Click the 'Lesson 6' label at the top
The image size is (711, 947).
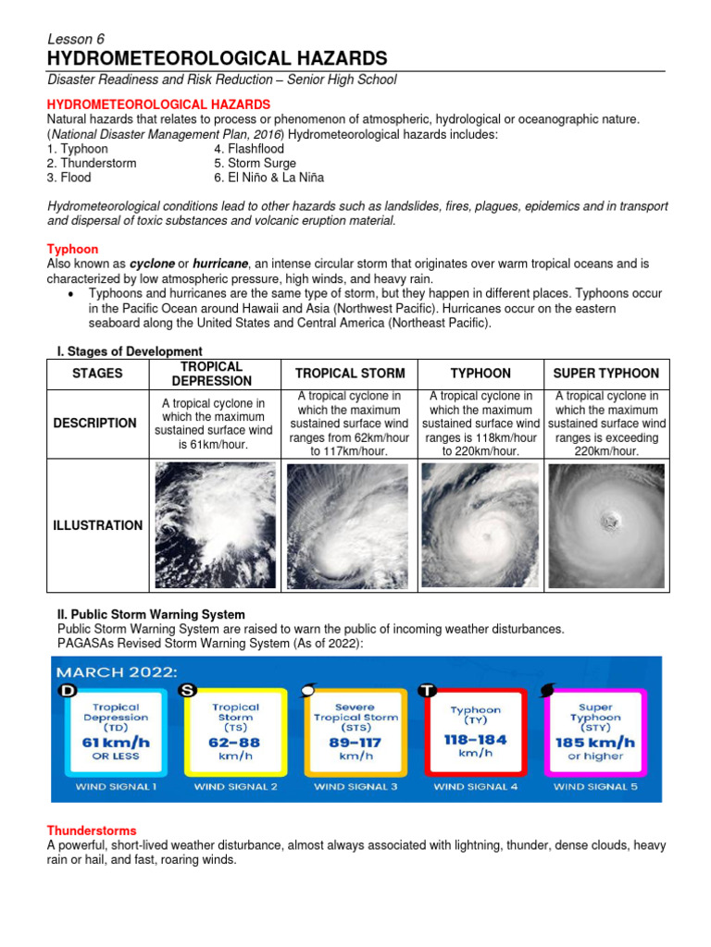pyautogui.click(x=76, y=39)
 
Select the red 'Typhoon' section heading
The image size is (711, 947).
pyautogui.click(x=72, y=250)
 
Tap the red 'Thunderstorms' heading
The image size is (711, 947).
pyautogui.click(x=92, y=830)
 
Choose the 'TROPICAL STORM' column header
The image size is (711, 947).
pyautogui.click(x=350, y=374)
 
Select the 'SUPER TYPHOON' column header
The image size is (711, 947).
pyautogui.click(x=605, y=374)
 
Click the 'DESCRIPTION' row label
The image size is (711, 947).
pyautogui.click(x=95, y=423)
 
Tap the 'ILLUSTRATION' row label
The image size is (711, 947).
pyautogui.click(x=97, y=525)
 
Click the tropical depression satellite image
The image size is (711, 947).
pyautogui.click(x=215, y=525)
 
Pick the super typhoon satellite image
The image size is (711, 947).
pyautogui.click(x=606, y=525)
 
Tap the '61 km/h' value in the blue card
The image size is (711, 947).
pyautogui.click(x=116, y=742)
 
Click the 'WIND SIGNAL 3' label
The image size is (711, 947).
pyautogui.click(x=356, y=787)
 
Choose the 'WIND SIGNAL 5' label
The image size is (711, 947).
pyautogui.click(x=595, y=787)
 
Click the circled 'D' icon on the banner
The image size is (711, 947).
pyautogui.click(x=69, y=692)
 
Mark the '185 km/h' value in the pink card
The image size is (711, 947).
pyautogui.click(x=595, y=742)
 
